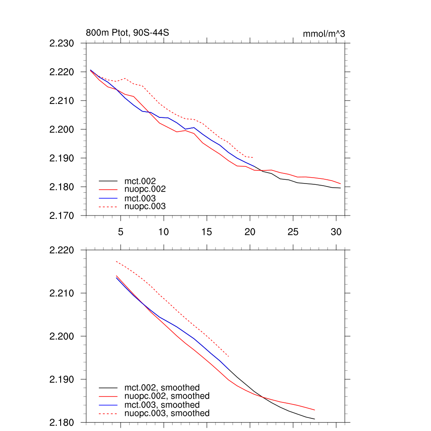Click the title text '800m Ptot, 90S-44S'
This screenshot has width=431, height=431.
128,33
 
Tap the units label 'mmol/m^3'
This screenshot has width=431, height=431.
324,34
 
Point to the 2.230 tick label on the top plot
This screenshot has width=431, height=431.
62,43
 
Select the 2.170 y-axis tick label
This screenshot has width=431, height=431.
62,215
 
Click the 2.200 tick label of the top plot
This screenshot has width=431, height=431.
62,129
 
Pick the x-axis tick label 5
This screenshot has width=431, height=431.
121,232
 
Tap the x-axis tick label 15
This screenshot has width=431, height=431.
207,232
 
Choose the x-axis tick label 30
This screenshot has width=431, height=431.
336,232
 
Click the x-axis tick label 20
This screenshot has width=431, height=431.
250,232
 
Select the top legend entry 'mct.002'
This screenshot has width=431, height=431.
143,181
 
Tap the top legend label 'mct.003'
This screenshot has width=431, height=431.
143,198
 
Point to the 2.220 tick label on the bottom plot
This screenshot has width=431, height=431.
62,250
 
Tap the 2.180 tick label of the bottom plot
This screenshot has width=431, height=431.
62,422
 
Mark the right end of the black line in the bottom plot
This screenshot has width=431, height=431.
315,419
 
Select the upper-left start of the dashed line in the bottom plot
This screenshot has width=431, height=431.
116,261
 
